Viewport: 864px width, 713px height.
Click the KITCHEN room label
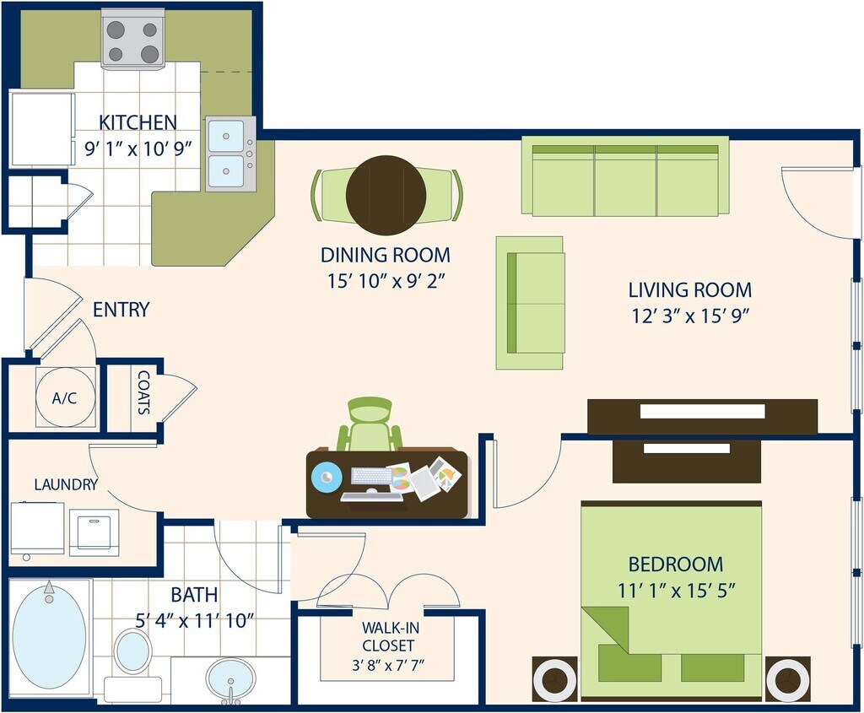[138, 122]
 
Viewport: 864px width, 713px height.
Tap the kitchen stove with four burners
[132, 41]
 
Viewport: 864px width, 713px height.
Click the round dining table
[386, 194]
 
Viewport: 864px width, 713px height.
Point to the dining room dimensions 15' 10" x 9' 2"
[385, 280]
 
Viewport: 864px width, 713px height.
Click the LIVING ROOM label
[689, 290]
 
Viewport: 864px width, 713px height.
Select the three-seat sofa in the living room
[625, 176]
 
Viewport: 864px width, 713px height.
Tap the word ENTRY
[121, 310]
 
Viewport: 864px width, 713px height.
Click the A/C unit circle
[64, 397]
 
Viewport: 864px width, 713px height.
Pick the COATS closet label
[143, 393]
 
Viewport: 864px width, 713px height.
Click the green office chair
[370, 425]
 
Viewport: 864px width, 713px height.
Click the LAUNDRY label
[66, 485]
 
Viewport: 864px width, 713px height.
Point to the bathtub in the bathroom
[49, 636]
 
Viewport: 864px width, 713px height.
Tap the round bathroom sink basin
[231, 678]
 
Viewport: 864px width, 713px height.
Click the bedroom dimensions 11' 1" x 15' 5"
[675, 590]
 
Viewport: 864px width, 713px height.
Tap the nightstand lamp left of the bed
[555, 678]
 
